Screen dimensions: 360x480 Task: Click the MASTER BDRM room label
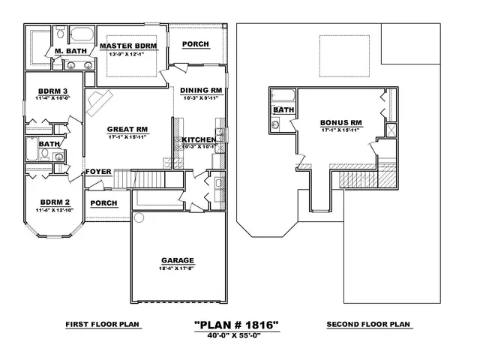click(x=132, y=46)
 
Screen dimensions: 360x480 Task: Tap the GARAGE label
click(x=177, y=261)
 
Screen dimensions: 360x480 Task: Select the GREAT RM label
click(x=127, y=128)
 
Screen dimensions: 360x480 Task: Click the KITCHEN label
click(x=199, y=139)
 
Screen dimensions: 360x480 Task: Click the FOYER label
click(x=98, y=172)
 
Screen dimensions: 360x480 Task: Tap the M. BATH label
click(x=70, y=51)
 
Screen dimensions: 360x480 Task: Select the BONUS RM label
click(x=341, y=122)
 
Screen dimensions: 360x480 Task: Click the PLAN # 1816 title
click(x=237, y=325)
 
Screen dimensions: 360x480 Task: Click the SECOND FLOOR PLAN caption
click(x=367, y=325)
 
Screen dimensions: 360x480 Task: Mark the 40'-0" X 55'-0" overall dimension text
click(x=237, y=334)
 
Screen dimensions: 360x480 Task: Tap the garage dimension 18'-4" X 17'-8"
click(x=177, y=268)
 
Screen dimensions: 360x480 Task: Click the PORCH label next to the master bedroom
click(x=196, y=44)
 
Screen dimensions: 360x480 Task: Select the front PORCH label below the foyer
click(x=103, y=203)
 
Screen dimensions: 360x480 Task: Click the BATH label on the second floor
click(x=283, y=109)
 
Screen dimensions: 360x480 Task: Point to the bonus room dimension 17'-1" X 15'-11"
click(x=341, y=130)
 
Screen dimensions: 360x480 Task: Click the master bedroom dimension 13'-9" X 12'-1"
click(x=132, y=54)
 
